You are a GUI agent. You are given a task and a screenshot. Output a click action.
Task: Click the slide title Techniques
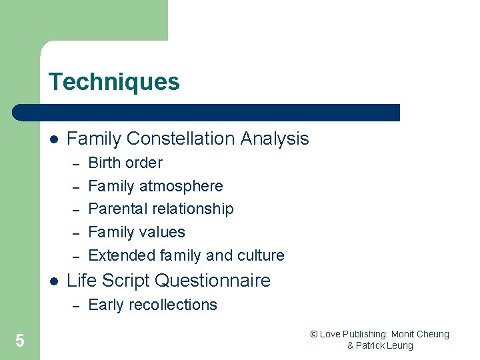pos(114,82)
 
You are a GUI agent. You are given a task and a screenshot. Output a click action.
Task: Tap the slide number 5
pos(20,341)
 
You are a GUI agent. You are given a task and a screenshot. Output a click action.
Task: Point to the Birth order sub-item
pos(125,163)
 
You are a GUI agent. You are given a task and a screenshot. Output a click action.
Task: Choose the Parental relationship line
pos(161,209)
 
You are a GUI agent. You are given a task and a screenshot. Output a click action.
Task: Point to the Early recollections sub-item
pos(153,305)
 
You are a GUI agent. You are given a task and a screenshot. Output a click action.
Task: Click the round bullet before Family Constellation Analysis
pos(53,139)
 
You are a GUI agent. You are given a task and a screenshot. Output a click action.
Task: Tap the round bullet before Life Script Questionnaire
pos(53,281)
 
